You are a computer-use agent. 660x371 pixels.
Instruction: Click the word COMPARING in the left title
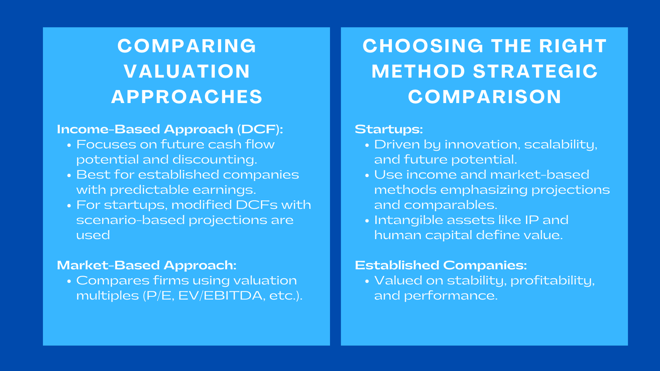coord(186,46)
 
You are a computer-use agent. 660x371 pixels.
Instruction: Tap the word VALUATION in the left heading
coord(186,71)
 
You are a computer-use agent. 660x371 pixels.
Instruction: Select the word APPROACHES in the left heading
coord(186,97)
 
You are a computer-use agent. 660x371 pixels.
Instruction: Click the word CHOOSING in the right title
coord(422,46)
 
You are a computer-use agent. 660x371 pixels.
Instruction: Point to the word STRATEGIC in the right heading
coord(535,71)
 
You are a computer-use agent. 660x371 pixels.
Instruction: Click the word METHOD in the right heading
coord(418,71)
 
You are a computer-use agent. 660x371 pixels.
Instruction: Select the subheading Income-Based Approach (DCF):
coord(170,129)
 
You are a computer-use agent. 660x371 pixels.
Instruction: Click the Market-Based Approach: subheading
coord(146,265)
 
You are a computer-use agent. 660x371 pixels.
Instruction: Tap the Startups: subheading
coord(389,129)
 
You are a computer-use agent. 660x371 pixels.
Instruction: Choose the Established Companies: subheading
coord(441,265)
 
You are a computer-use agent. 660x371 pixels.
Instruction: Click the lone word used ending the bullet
coord(93,235)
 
